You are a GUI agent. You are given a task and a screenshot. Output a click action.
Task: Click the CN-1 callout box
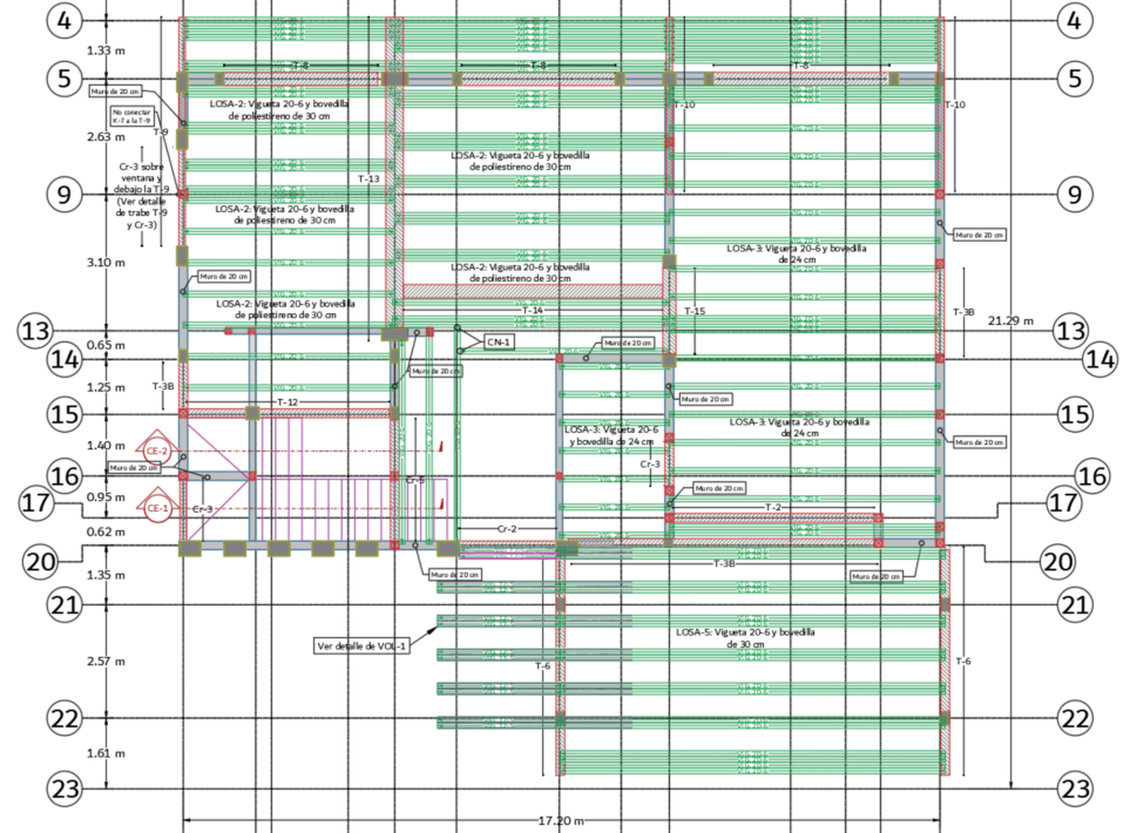pos(498,343)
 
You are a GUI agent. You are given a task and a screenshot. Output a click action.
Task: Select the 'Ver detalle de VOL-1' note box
pos(361,646)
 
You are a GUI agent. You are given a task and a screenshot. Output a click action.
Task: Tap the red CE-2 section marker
pos(157,450)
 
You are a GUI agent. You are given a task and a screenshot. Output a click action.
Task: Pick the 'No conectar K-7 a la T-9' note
pos(132,117)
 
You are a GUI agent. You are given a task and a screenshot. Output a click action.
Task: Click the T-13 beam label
pos(368,179)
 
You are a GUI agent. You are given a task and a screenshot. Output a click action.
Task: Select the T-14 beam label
pos(532,311)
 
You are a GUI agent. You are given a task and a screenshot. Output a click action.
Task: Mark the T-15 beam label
pos(694,311)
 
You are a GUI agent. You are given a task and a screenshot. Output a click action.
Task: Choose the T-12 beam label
pos(287,402)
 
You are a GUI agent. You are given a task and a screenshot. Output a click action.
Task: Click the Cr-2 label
pos(507,529)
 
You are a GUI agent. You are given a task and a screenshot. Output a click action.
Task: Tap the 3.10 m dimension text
pos(106,263)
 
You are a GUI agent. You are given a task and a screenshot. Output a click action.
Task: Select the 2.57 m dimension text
pos(106,662)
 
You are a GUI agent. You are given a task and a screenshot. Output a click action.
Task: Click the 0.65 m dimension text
pos(106,345)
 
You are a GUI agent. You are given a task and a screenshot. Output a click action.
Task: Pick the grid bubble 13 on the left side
pos(36,331)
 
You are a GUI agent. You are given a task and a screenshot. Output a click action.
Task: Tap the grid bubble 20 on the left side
pos(41,561)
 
